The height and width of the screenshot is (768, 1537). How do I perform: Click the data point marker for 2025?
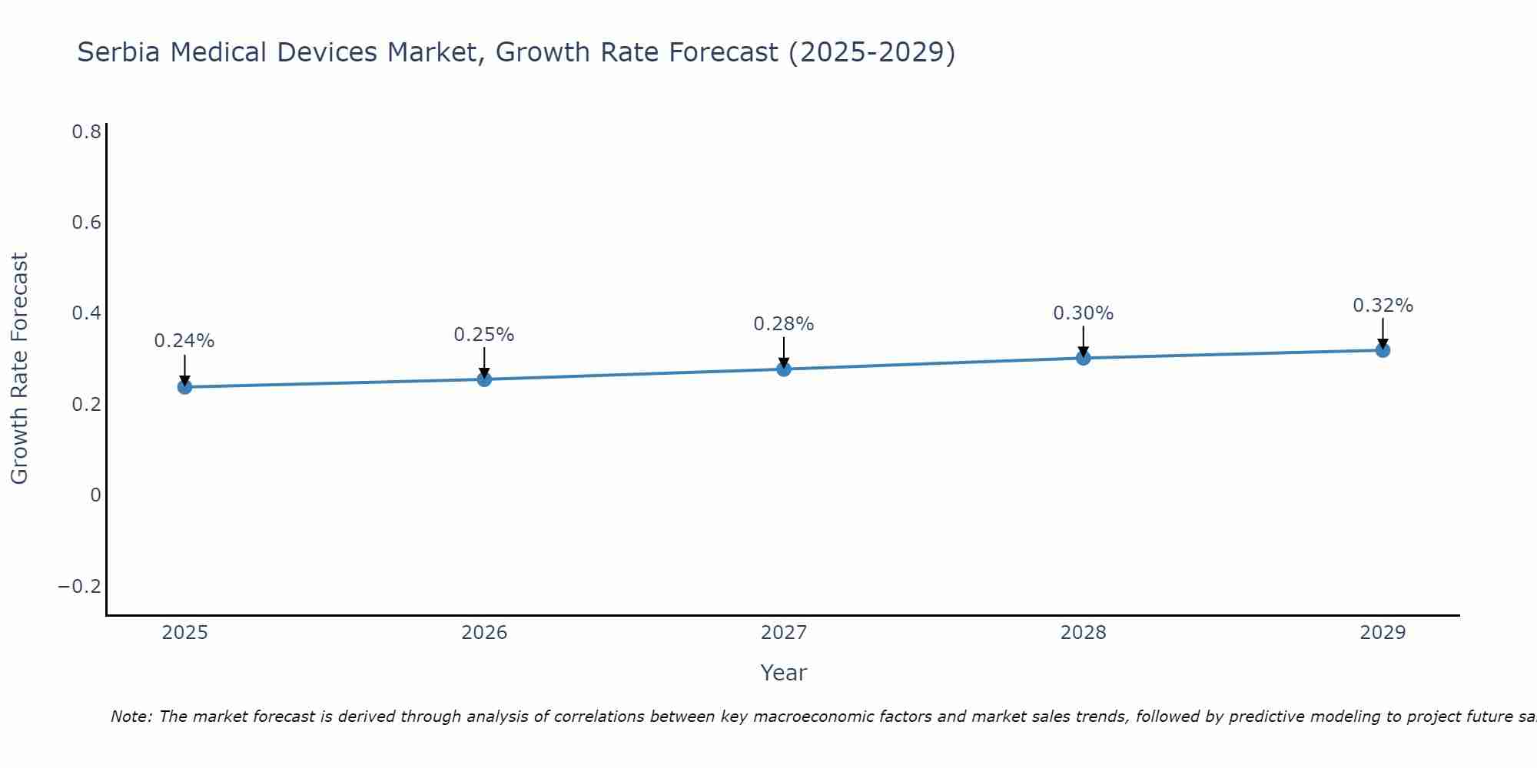tap(184, 386)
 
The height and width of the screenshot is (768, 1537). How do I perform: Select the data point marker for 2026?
tap(484, 379)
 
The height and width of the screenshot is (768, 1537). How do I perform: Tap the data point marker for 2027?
tap(784, 369)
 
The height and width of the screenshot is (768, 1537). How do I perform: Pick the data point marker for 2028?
tap(1084, 357)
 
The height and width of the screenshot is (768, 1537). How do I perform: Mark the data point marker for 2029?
tap(1383, 350)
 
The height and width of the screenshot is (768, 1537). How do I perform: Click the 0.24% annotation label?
tap(184, 341)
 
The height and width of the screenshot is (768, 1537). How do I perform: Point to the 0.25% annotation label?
tap(484, 335)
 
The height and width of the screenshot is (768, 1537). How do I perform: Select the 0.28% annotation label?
tap(784, 324)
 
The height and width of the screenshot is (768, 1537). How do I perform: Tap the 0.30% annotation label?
tap(1084, 313)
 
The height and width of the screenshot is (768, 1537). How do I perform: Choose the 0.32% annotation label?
tap(1383, 306)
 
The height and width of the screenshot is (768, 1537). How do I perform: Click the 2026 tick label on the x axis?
tap(484, 633)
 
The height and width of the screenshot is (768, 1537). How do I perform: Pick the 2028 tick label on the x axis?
tap(1084, 633)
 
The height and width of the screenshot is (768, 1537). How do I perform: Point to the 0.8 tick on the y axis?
tap(86, 132)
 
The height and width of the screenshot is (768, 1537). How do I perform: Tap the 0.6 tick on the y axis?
tap(86, 223)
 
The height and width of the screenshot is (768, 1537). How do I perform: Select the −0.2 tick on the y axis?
tap(80, 587)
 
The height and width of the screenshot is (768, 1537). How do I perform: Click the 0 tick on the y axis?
tap(95, 495)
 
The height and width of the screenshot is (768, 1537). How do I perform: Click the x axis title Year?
tap(784, 673)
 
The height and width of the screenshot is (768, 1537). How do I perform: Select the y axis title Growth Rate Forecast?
tap(20, 369)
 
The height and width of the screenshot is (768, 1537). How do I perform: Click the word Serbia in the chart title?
tap(119, 52)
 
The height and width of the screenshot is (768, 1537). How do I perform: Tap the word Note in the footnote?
tap(131, 717)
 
